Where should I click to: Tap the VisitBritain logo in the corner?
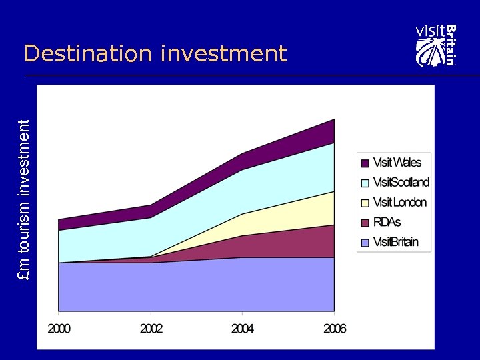click(x=437, y=45)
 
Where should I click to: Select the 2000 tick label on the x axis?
click(x=59, y=329)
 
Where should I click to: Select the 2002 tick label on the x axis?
click(x=151, y=329)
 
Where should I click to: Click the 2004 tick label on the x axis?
click(x=242, y=329)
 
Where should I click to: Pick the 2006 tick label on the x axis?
click(x=334, y=329)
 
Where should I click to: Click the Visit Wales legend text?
click(x=397, y=162)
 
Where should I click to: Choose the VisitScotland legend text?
click(x=401, y=182)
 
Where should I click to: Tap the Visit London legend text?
click(x=399, y=202)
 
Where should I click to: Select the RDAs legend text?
click(x=387, y=222)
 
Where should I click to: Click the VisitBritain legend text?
click(x=396, y=242)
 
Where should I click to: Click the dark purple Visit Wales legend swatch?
click(x=365, y=163)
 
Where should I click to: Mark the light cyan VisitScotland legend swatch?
click(x=365, y=183)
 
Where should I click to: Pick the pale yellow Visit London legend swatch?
click(x=365, y=203)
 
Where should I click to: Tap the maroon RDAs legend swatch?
click(x=365, y=223)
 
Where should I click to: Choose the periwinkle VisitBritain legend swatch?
click(x=365, y=243)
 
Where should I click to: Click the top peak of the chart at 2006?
click(x=333, y=120)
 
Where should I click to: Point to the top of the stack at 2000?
click(x=59, y=219)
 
